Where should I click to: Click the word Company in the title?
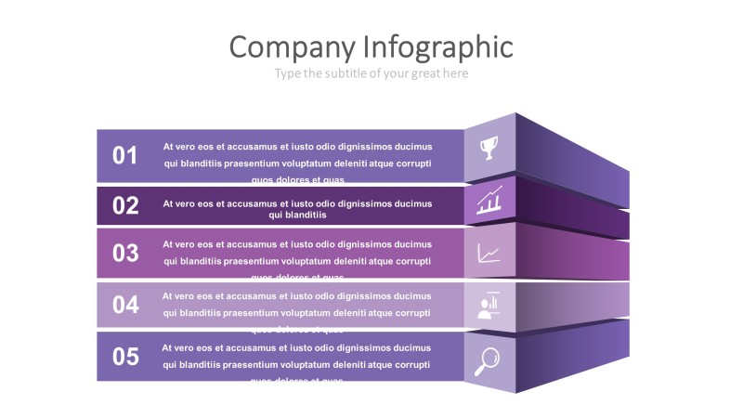tap(292, 47)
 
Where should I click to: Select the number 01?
tap(125, 156)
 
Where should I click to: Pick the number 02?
tap(125, 206)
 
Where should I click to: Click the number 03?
tap(125, 253)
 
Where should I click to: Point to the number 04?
tap(125, 305)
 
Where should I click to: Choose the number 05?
tap(125, 357)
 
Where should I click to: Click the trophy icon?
tap(489, 147)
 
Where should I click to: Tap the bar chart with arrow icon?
tap(489, 200)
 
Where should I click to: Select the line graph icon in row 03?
tap(489, 252)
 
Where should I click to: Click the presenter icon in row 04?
tap(489, 305)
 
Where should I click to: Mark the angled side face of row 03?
tap(571, 253)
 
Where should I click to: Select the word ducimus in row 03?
tap(413, 244)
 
